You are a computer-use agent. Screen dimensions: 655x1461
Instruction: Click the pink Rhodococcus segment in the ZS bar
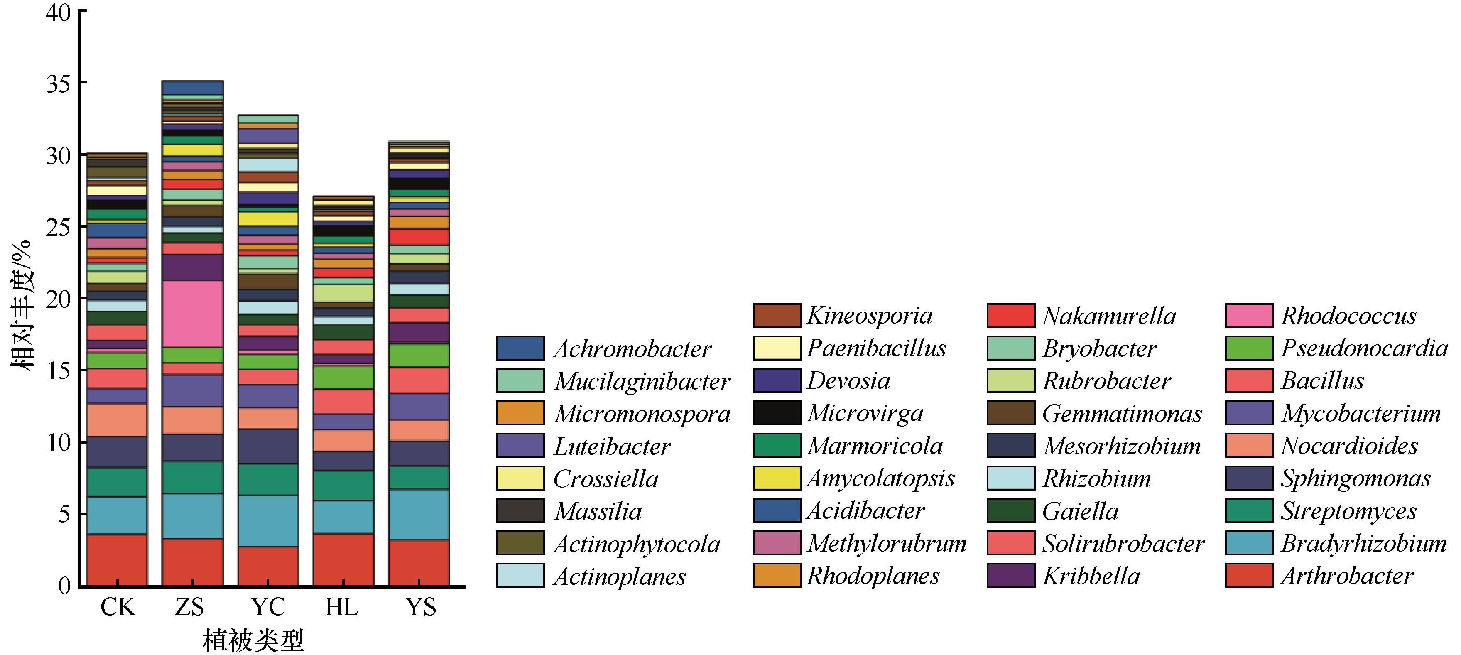[x=192, y=314]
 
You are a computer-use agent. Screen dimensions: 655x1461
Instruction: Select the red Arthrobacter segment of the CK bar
[x=117, y=560]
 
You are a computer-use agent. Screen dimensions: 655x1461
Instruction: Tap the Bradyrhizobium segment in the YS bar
[x=419, y=514]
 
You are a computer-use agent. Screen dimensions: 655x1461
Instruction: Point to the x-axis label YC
[x=268, y=607]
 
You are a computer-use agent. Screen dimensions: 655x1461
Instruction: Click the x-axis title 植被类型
[x=253, y=641]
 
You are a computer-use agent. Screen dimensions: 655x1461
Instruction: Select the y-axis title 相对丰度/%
[x=22, y=306]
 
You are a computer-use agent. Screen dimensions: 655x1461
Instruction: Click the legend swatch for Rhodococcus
[x=1249, y=316]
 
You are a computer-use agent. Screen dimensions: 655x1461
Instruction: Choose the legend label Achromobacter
[x=632, y=349]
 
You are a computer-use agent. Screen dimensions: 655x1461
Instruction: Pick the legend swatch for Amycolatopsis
[x=777, y=478]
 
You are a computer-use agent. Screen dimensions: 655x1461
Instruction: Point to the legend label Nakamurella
[x=1109, y=316]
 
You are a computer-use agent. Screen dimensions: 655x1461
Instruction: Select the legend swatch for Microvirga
[x=777, y=413]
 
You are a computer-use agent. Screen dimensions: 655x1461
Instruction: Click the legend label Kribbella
[x=1091, y=576]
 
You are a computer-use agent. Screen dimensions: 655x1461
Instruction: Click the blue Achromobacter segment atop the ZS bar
[x=192, y=88]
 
